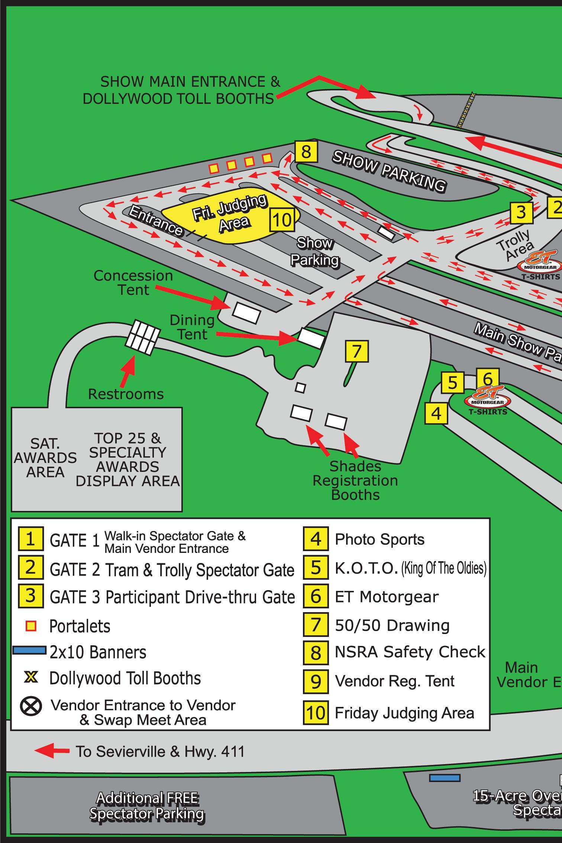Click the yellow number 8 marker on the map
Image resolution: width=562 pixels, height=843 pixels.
[306, 152]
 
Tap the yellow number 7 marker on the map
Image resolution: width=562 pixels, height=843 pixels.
[356, 351]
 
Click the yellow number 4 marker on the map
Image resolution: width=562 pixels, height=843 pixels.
[436, 413]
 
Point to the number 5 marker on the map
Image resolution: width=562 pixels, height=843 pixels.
[452, 383]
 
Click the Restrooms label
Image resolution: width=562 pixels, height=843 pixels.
[126, 394]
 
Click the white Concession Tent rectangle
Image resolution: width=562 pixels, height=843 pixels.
[246, 313]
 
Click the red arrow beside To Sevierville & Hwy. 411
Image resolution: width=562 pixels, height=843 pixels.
[52, 751]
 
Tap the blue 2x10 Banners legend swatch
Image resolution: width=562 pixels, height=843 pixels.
[29, 650]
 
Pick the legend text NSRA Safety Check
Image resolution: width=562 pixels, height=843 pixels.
[410, 652]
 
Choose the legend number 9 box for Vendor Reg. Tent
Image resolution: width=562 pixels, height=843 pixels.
[316, 682]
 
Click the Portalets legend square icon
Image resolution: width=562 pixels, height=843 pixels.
[31, 626]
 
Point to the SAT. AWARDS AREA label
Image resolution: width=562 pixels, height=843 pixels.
[45, 458]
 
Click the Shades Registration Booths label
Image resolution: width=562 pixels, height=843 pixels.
[355, 480]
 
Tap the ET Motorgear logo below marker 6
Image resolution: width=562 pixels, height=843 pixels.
[488, 401]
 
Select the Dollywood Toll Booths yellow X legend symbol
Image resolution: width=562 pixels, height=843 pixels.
[31, 678]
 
